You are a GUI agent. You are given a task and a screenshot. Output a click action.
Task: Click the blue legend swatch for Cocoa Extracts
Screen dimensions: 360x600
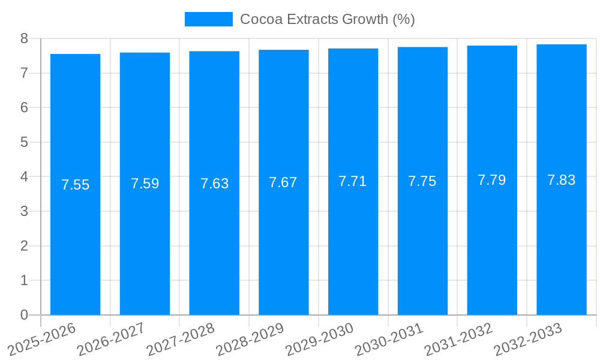208,19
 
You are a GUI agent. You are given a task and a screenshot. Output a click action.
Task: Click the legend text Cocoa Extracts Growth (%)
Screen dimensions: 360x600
327,19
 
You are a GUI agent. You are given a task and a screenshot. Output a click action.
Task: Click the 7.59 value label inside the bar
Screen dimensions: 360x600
145,184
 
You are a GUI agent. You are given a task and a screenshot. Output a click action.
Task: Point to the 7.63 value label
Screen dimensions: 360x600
214,184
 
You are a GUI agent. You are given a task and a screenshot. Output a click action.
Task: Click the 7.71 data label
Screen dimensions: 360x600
353,181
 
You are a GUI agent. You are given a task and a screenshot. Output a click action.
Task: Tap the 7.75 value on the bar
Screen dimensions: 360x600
422,181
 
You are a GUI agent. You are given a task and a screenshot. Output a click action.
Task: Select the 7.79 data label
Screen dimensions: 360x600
491,180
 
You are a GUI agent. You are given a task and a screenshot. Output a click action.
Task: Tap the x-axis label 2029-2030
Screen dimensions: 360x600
319,339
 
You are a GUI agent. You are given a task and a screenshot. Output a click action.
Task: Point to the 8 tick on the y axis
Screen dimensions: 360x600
24,38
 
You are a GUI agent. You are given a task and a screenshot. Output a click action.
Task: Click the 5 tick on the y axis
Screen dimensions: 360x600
24,142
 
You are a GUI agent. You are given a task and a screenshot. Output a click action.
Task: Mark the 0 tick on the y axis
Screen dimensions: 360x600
24,315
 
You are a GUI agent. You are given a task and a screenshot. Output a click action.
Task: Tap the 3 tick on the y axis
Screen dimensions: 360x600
24,211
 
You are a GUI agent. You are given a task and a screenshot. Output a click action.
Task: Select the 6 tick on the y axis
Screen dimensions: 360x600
24,107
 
